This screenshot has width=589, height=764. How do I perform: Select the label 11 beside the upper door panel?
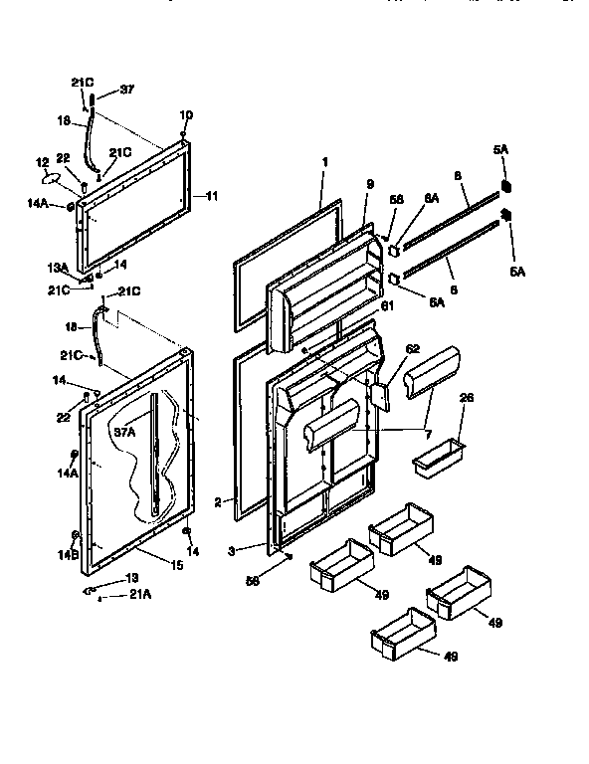[x=211, y=196]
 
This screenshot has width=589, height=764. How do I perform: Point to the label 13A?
[x=58, y=267]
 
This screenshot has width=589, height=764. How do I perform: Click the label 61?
[x=388, y=305]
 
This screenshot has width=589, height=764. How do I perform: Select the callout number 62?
[x=414, y=349]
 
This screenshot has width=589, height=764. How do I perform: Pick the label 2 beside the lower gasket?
[x=216, y=502]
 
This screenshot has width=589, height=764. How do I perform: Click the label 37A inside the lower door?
[x=124, y=433]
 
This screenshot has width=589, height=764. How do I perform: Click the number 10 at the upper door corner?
[x=187, y=115]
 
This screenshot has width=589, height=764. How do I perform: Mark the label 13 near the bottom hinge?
[x=131, y=578]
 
